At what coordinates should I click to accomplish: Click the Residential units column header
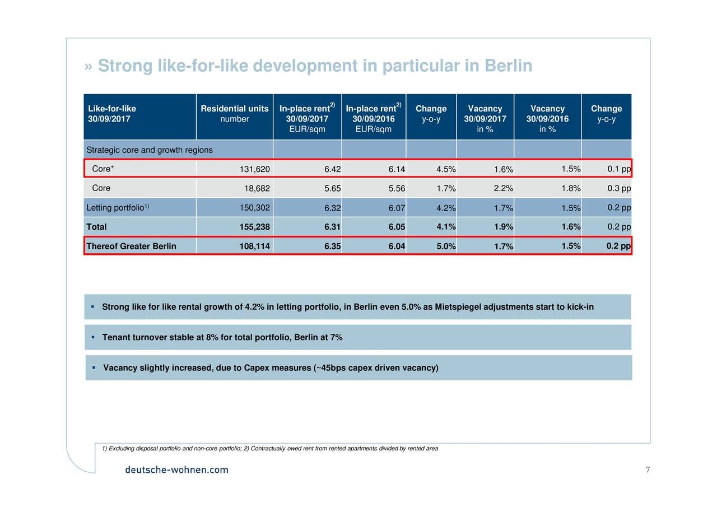click(x=234, y=114)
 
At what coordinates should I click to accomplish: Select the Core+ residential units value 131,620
click(x=254, y=169)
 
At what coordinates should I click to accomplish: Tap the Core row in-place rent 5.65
click(x=332, y=188)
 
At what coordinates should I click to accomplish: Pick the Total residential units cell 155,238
click(x=254, y=227)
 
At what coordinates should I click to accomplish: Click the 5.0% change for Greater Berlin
click(x=446, y=246)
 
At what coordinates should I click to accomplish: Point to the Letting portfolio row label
click(x=118, y=207)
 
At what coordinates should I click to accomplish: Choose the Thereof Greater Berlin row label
click(x=131, y=246)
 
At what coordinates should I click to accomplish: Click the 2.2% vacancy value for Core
click(x=503, y=188)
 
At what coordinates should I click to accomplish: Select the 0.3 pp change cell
click(x=619, y=188)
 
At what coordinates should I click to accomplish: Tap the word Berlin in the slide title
click(x=508, y=66)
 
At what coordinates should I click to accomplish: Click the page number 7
click(x=648, y=469)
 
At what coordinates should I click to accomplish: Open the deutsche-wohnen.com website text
click(x=176, y=469)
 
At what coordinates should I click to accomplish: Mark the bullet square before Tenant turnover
click(x=93, y=337)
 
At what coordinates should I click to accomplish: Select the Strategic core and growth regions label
click(x=150, y=150)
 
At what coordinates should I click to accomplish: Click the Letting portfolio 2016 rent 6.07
click(x=397, y=208)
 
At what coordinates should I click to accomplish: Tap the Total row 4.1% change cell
click(x=446, y=227)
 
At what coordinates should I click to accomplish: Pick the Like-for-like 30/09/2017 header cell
click(x=112, y=114)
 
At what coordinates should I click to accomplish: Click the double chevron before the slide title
click(x=89, y=67)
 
